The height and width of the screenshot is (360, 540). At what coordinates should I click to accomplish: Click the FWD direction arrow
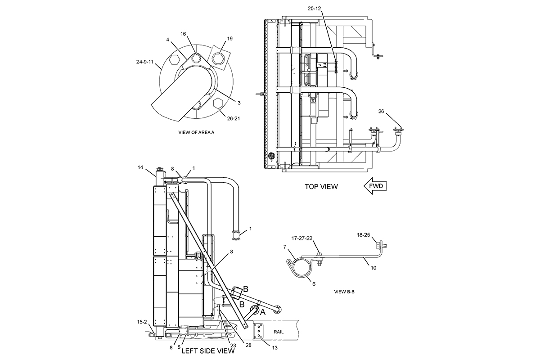[375, 186]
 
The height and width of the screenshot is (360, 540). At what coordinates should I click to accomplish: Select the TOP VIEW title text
[321, 187]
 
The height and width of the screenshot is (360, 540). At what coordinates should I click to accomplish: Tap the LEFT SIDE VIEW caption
[208, 351]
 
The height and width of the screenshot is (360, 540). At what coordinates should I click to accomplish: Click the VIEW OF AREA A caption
[196, 132]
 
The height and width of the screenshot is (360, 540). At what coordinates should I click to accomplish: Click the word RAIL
[279, 332]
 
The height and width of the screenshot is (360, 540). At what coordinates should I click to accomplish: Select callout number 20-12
[315, 9]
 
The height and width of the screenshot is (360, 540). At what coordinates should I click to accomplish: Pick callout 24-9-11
[144, 62]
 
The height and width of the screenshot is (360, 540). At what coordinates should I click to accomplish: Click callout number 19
[230, 39]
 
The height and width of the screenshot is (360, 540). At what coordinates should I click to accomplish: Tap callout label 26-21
[234, 118]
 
